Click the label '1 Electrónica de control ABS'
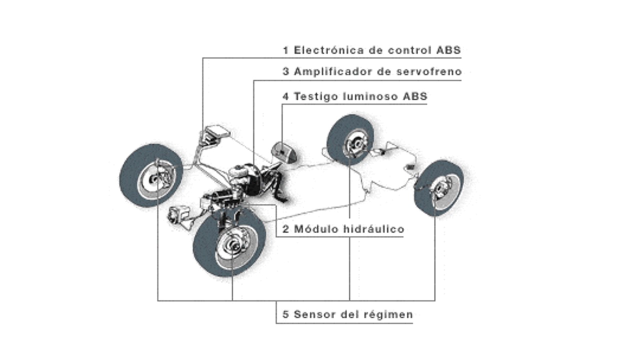click(x=371, y=50)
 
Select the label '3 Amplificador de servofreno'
click(x=372, y=72)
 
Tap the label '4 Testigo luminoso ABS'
click(x=354, y=96)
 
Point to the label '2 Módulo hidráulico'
click(x=343, y=229)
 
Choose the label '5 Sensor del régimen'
click(x=347, y=314)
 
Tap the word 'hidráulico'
click(x=374, y=229)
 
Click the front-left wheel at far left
click(x=150, y=174)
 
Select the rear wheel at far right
click(x=438, y=187)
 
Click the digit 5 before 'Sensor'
click(x=286, y=315)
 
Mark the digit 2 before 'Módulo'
click(x=286, y=229)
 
